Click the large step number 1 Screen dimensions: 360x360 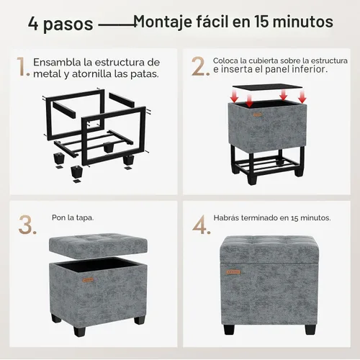[23, 67]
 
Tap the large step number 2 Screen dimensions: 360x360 [200, 66]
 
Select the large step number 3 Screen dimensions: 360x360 [27, 225]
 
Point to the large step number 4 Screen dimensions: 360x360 [202, 225]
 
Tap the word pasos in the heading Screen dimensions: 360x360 [68, 24]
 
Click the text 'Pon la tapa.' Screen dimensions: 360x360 [73, 217]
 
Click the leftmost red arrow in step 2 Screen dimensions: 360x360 [234, 96]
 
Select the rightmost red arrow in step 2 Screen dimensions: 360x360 [302, 96]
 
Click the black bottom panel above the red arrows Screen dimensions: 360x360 [268, 87]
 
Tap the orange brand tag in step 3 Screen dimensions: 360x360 [88, 280]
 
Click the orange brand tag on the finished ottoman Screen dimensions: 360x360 [233, 272]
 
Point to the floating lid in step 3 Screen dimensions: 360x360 [98, 246]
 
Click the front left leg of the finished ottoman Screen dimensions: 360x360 [229, 330]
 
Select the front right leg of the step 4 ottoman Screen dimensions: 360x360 [310, 330]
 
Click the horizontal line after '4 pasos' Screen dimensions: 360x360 [117, 24]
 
